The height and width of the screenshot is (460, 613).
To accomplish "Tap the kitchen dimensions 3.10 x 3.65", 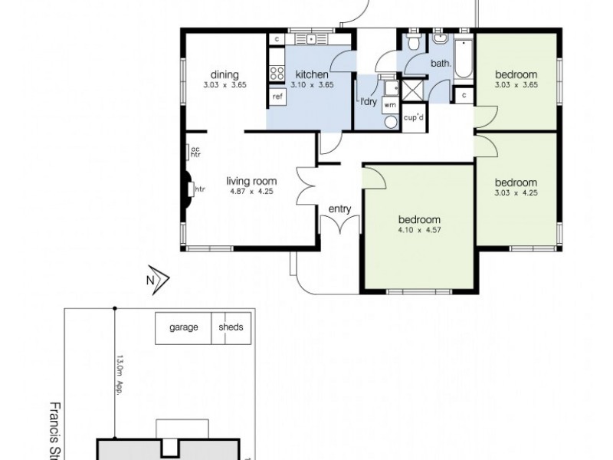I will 311,85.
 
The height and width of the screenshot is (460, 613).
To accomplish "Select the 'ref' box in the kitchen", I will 277,97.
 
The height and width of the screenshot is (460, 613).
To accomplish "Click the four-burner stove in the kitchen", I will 276,74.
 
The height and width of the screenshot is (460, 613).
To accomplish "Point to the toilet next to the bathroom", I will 411,40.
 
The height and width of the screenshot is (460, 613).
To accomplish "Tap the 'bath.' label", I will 440,64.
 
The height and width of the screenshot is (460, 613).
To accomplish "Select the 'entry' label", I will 339,209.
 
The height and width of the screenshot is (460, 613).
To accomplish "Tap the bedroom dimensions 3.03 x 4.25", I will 515,193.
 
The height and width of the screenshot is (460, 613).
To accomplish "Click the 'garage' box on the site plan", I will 183,327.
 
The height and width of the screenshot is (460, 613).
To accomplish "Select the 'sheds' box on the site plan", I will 231,327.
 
